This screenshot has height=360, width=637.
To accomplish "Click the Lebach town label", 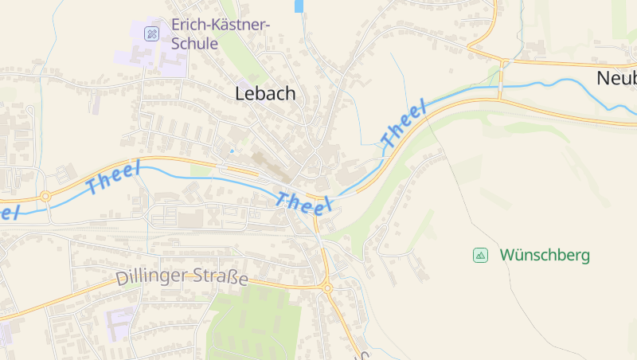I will (x=265, y=93).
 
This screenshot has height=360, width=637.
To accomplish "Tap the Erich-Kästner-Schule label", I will (x=221, y=33).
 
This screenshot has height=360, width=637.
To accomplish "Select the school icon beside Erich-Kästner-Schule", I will (x=150, y=33).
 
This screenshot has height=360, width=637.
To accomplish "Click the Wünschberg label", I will (x=545, y=255).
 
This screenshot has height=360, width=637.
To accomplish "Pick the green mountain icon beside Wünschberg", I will (x=480, y=255).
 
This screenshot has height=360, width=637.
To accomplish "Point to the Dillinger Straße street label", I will (x=182, y=277).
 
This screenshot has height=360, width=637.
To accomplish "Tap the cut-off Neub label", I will (x=616, y=78).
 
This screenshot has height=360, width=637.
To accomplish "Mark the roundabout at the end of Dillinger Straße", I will (x=326, y=288).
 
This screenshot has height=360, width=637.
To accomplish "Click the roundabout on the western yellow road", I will (x=46, y=195).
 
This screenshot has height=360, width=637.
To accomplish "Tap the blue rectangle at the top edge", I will (x=299, y=6).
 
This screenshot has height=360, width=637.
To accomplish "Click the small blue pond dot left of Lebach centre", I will (x=232, y=150).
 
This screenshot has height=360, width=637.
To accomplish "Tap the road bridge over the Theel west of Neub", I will (x=501, y=84).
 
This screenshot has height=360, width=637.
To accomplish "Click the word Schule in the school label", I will (x=193, y=43).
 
